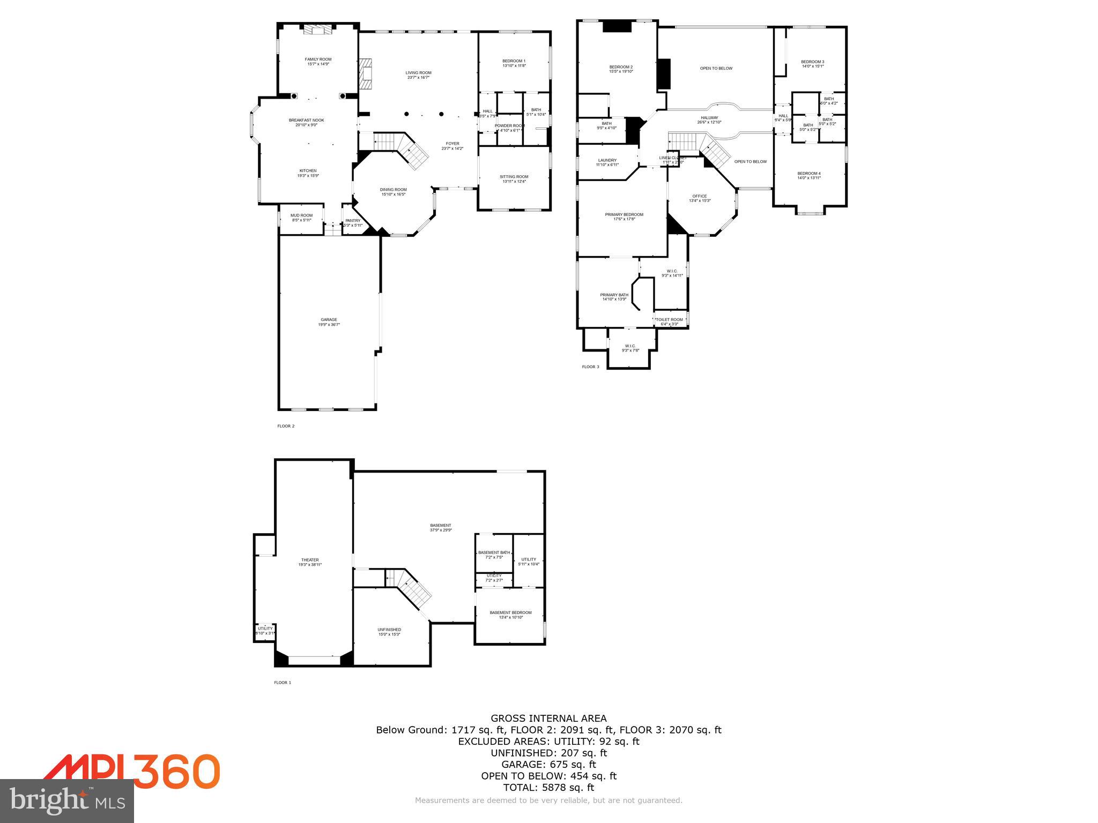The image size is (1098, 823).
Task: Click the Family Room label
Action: (x=318, y=59)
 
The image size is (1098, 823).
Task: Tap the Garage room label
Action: (x=329, y=320)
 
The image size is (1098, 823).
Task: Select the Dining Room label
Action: (x=393, y=190)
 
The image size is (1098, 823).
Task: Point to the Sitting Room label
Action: (x=514, y=177)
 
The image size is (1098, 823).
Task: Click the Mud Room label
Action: (x=301, y=215)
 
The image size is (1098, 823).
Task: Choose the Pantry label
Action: (x=353, y=221)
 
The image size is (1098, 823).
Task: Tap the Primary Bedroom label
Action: (x=624, y=215)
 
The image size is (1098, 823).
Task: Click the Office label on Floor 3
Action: (x=699, y=196)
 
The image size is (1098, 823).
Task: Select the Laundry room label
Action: (x=607, y=160)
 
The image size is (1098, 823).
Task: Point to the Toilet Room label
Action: (x=669, y=320)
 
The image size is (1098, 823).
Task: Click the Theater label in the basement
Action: (x=310, y=560)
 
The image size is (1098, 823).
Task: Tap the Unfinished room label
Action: (x=389, y=630)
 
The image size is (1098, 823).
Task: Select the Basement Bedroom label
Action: (x=510, y=612)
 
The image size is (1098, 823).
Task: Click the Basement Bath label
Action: (x=494, y=552)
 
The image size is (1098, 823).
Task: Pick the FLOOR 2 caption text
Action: (x=286, y=427)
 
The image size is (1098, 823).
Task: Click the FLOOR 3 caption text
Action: (x=590, y=367)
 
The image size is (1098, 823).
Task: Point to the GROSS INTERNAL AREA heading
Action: (x=548, y=719)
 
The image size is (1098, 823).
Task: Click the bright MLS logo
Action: (x=67, y=800)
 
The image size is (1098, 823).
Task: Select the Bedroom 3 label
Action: (x=812, y=62)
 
